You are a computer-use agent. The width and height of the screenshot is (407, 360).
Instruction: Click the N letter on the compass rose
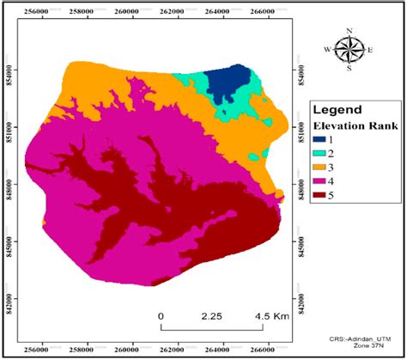coord(348,32)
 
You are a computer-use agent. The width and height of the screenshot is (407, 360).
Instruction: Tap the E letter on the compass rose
coord(370,50)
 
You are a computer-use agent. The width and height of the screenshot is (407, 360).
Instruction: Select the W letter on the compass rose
coord(327,50)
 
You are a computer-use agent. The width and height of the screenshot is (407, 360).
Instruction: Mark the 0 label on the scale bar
coord(161,315)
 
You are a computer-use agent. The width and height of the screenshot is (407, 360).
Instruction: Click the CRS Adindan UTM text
coord(355,341)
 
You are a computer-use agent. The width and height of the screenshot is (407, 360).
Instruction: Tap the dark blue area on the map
coord(229,84)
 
